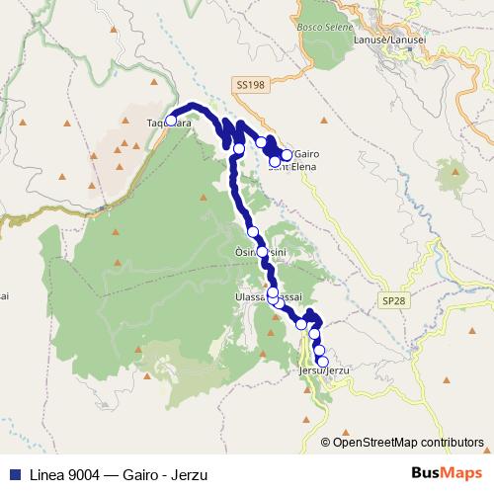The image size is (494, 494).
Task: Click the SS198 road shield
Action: (251, 87)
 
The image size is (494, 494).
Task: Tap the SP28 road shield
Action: (392, 299)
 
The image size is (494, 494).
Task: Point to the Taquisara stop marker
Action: (171, 121)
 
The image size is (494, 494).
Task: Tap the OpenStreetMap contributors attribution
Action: (408, 442)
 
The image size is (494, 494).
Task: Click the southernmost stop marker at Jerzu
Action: (323, 362)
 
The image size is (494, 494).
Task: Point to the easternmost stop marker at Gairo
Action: (287, 155)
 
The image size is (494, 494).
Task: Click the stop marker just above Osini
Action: (253, 231)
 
